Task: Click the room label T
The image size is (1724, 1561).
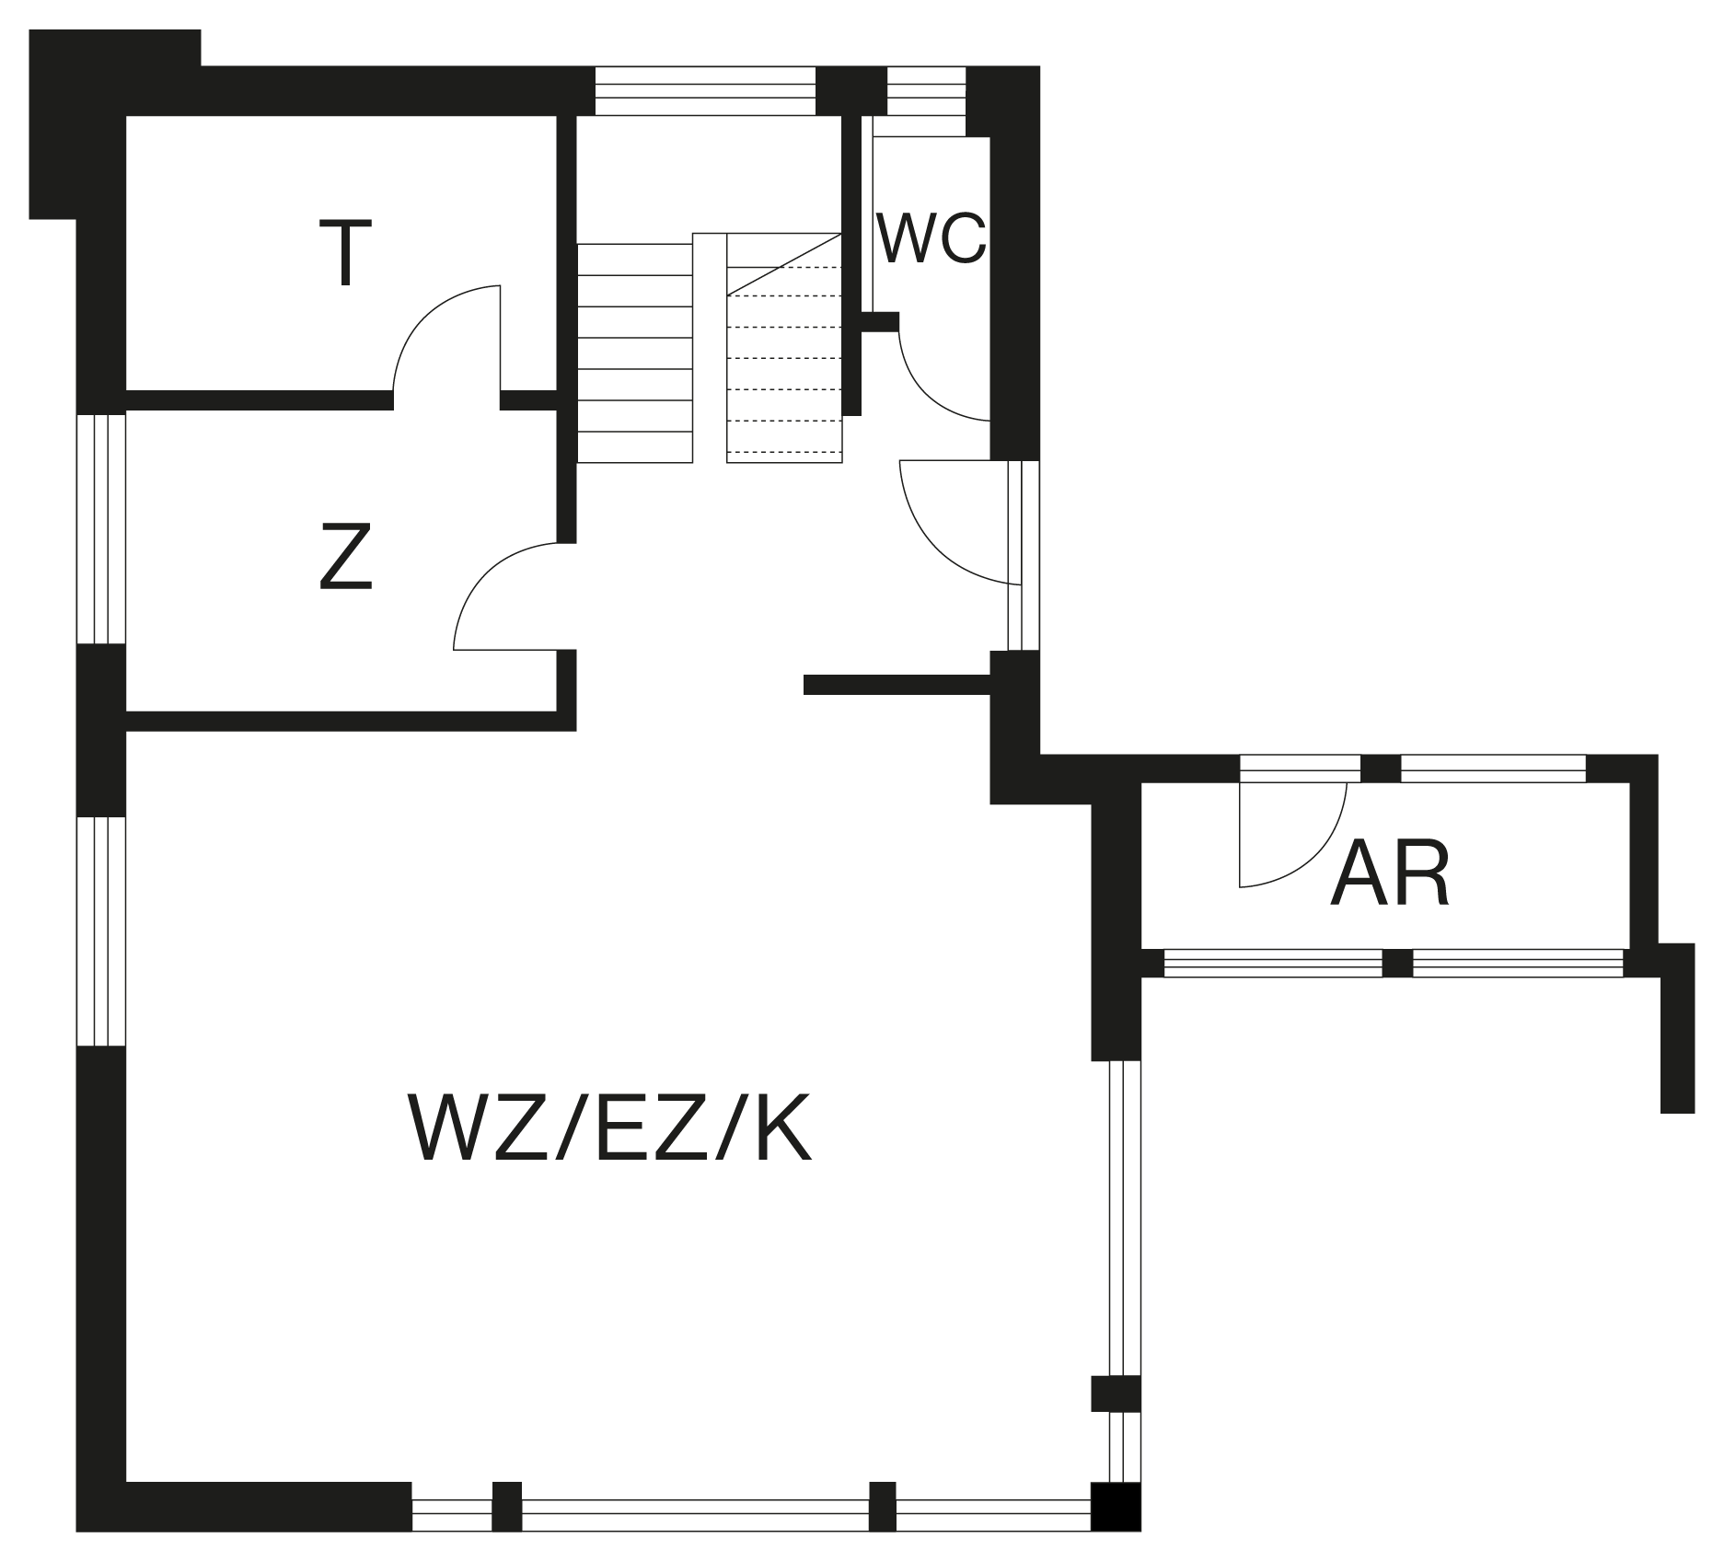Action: pyautogui.click(x=345, y=252)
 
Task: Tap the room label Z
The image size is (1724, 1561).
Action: pyautogui.click(x=346, y=556)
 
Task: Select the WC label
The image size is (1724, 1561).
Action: pyautogui.click(x=931, y=238)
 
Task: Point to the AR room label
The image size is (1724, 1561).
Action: pyautogui.click(x=1390, y=873)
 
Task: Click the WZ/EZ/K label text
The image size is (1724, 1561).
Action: pyautogui.click(x=609, y=1128)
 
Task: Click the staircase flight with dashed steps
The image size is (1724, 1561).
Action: pyautogui.click(x=784, y=347)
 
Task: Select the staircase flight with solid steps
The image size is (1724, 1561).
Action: pyautogui.click(x=634, y=353)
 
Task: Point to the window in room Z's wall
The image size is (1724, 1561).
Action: pyautogui.click(x=101, y=528)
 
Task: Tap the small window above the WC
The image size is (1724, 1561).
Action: pyautogui.click(x=926, y=90)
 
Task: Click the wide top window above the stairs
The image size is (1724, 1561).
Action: pyautogui.click(x=705, y=90)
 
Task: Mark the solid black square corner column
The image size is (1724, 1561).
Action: pyautogui.click(x=1116, y=1507)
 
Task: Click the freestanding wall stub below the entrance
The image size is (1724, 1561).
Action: pyautogui.click(x=897, y=685)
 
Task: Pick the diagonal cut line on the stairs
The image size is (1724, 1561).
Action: pyautogui.click(x=784, y=264)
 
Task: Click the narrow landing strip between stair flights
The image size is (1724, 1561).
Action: pyautogui.click(x=710, y=347)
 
